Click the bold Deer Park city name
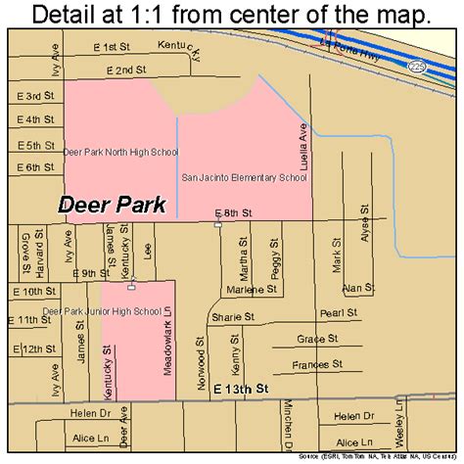[x=112, y=205]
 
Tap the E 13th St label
[x=240, y=389]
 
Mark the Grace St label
[x=317, y=340]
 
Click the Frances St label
[x=317, y=364]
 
